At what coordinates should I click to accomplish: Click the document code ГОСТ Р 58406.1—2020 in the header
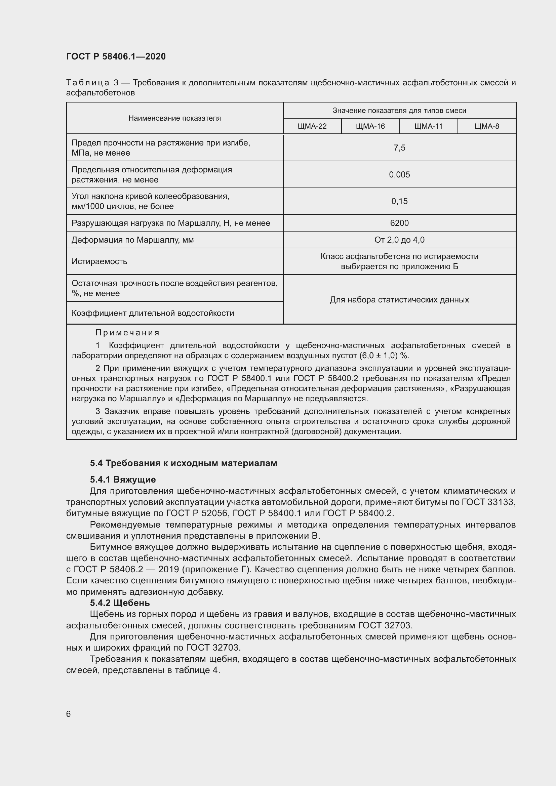click(x=116, y=56)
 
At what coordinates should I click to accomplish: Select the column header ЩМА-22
click(x=312, y=126)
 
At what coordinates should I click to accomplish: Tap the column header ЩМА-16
click(x=370, y=126)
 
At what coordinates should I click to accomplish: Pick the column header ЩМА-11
click(x=428, y=126)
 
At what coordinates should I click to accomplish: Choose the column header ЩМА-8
click(x=486, y=126)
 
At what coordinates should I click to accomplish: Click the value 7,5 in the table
click(x=399, y=148)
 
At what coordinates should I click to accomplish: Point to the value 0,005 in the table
click(x=399, y=175)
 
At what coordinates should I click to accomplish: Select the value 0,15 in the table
click(x=399, y=201)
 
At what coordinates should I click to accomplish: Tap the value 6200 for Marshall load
click(x=399, y=223)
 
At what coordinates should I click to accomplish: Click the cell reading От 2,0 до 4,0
click(x=399, y=240)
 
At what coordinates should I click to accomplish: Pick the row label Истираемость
click(x=99, y=261)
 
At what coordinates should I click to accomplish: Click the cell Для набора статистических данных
click(x=399, y=300)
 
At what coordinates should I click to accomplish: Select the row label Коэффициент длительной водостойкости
click(x=153, y=313)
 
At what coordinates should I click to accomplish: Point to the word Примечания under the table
click(x=127, y=333)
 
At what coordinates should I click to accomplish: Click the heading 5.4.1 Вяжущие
click(x=123, y=479)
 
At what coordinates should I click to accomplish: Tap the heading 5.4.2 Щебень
click(x=120, y=603)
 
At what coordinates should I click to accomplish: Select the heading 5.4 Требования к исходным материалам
click(x=184, y=463)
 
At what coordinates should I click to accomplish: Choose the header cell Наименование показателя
click(x=174, y=118)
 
